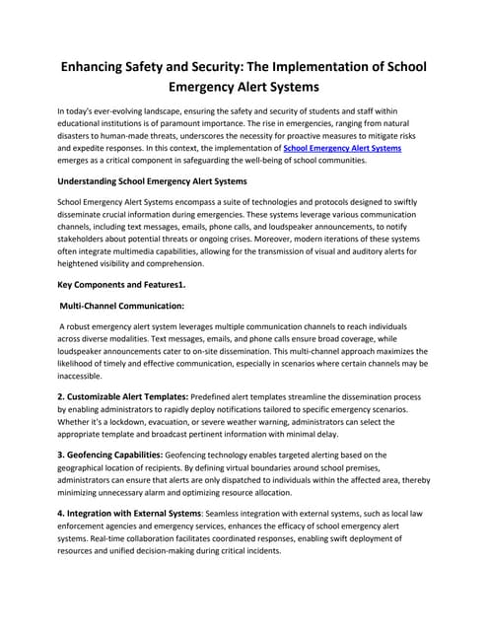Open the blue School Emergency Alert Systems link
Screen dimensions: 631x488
tap(342, 148)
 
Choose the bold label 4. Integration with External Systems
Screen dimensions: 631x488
tap(129, 513)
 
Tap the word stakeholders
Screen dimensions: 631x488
tap(86, 239)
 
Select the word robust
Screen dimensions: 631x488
tap(84, 326)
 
